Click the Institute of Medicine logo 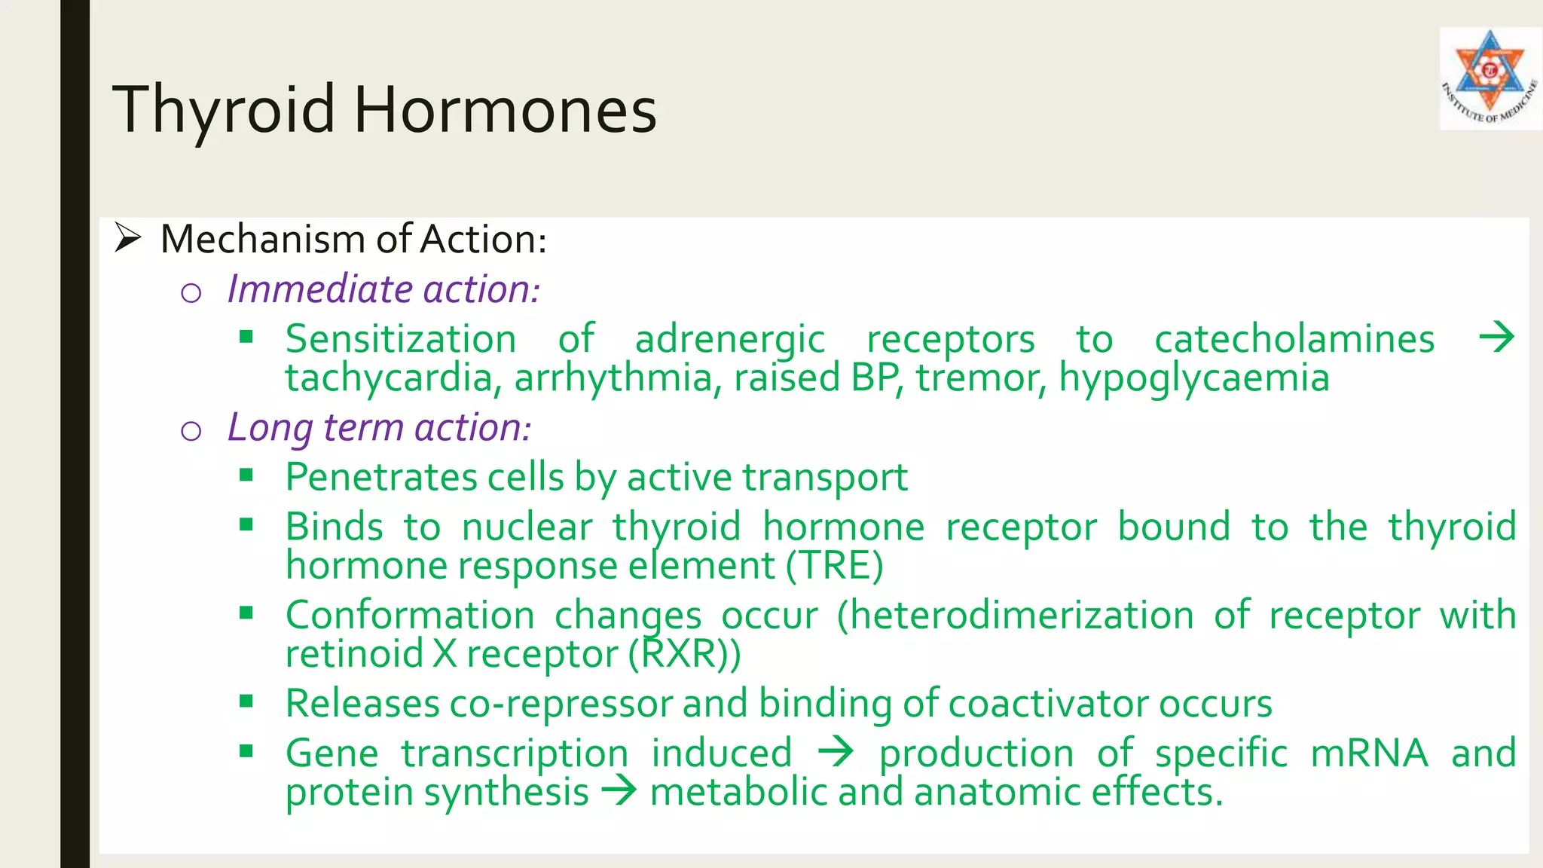pyautogui.click(x=1490, y=78)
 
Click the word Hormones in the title pyautogui.click(x=505, y=110)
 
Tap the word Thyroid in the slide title pyautogui.click(x=224, y=110)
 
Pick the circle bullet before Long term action pyautogui.click(x=191, y=431)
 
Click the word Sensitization pyautogui.click(x=401, y=339)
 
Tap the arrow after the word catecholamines pyautogui.click(x=1496, y=337)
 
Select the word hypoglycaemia pyautogui.click(x=1193, y=377)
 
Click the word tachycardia pyautogui.click(x=389, y=377)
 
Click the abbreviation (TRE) pyautogui.click(x=834, y=566)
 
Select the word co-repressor pyautogui.click(x=561, y=704)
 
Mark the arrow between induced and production pyautogui.click(x=836, y=752)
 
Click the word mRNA pyautogui.click(x=1369, y=753)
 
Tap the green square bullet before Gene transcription pyautogui.click(x=246, y=750)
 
